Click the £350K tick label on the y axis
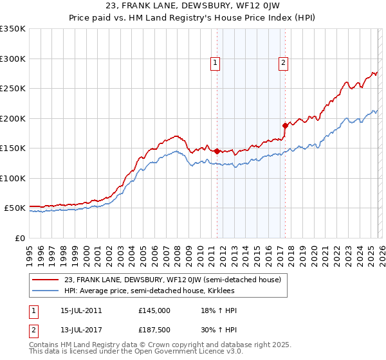pos(13,29)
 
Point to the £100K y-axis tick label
pos(13,178)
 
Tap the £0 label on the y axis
pos(20,238)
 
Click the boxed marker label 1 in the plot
pos(215,63)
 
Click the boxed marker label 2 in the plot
pos(283,63)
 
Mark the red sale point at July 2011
pos(217,151)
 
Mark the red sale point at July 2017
pos(285,126)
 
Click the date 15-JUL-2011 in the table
pos(80,310)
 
